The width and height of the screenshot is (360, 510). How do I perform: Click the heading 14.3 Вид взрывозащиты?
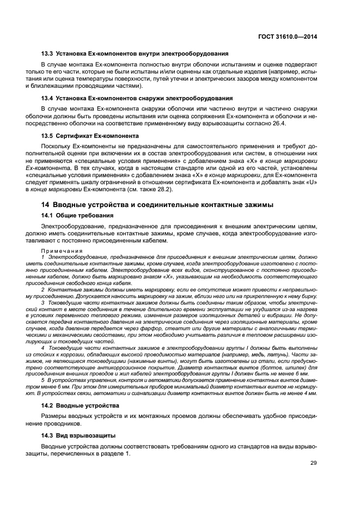coord(78,435)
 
